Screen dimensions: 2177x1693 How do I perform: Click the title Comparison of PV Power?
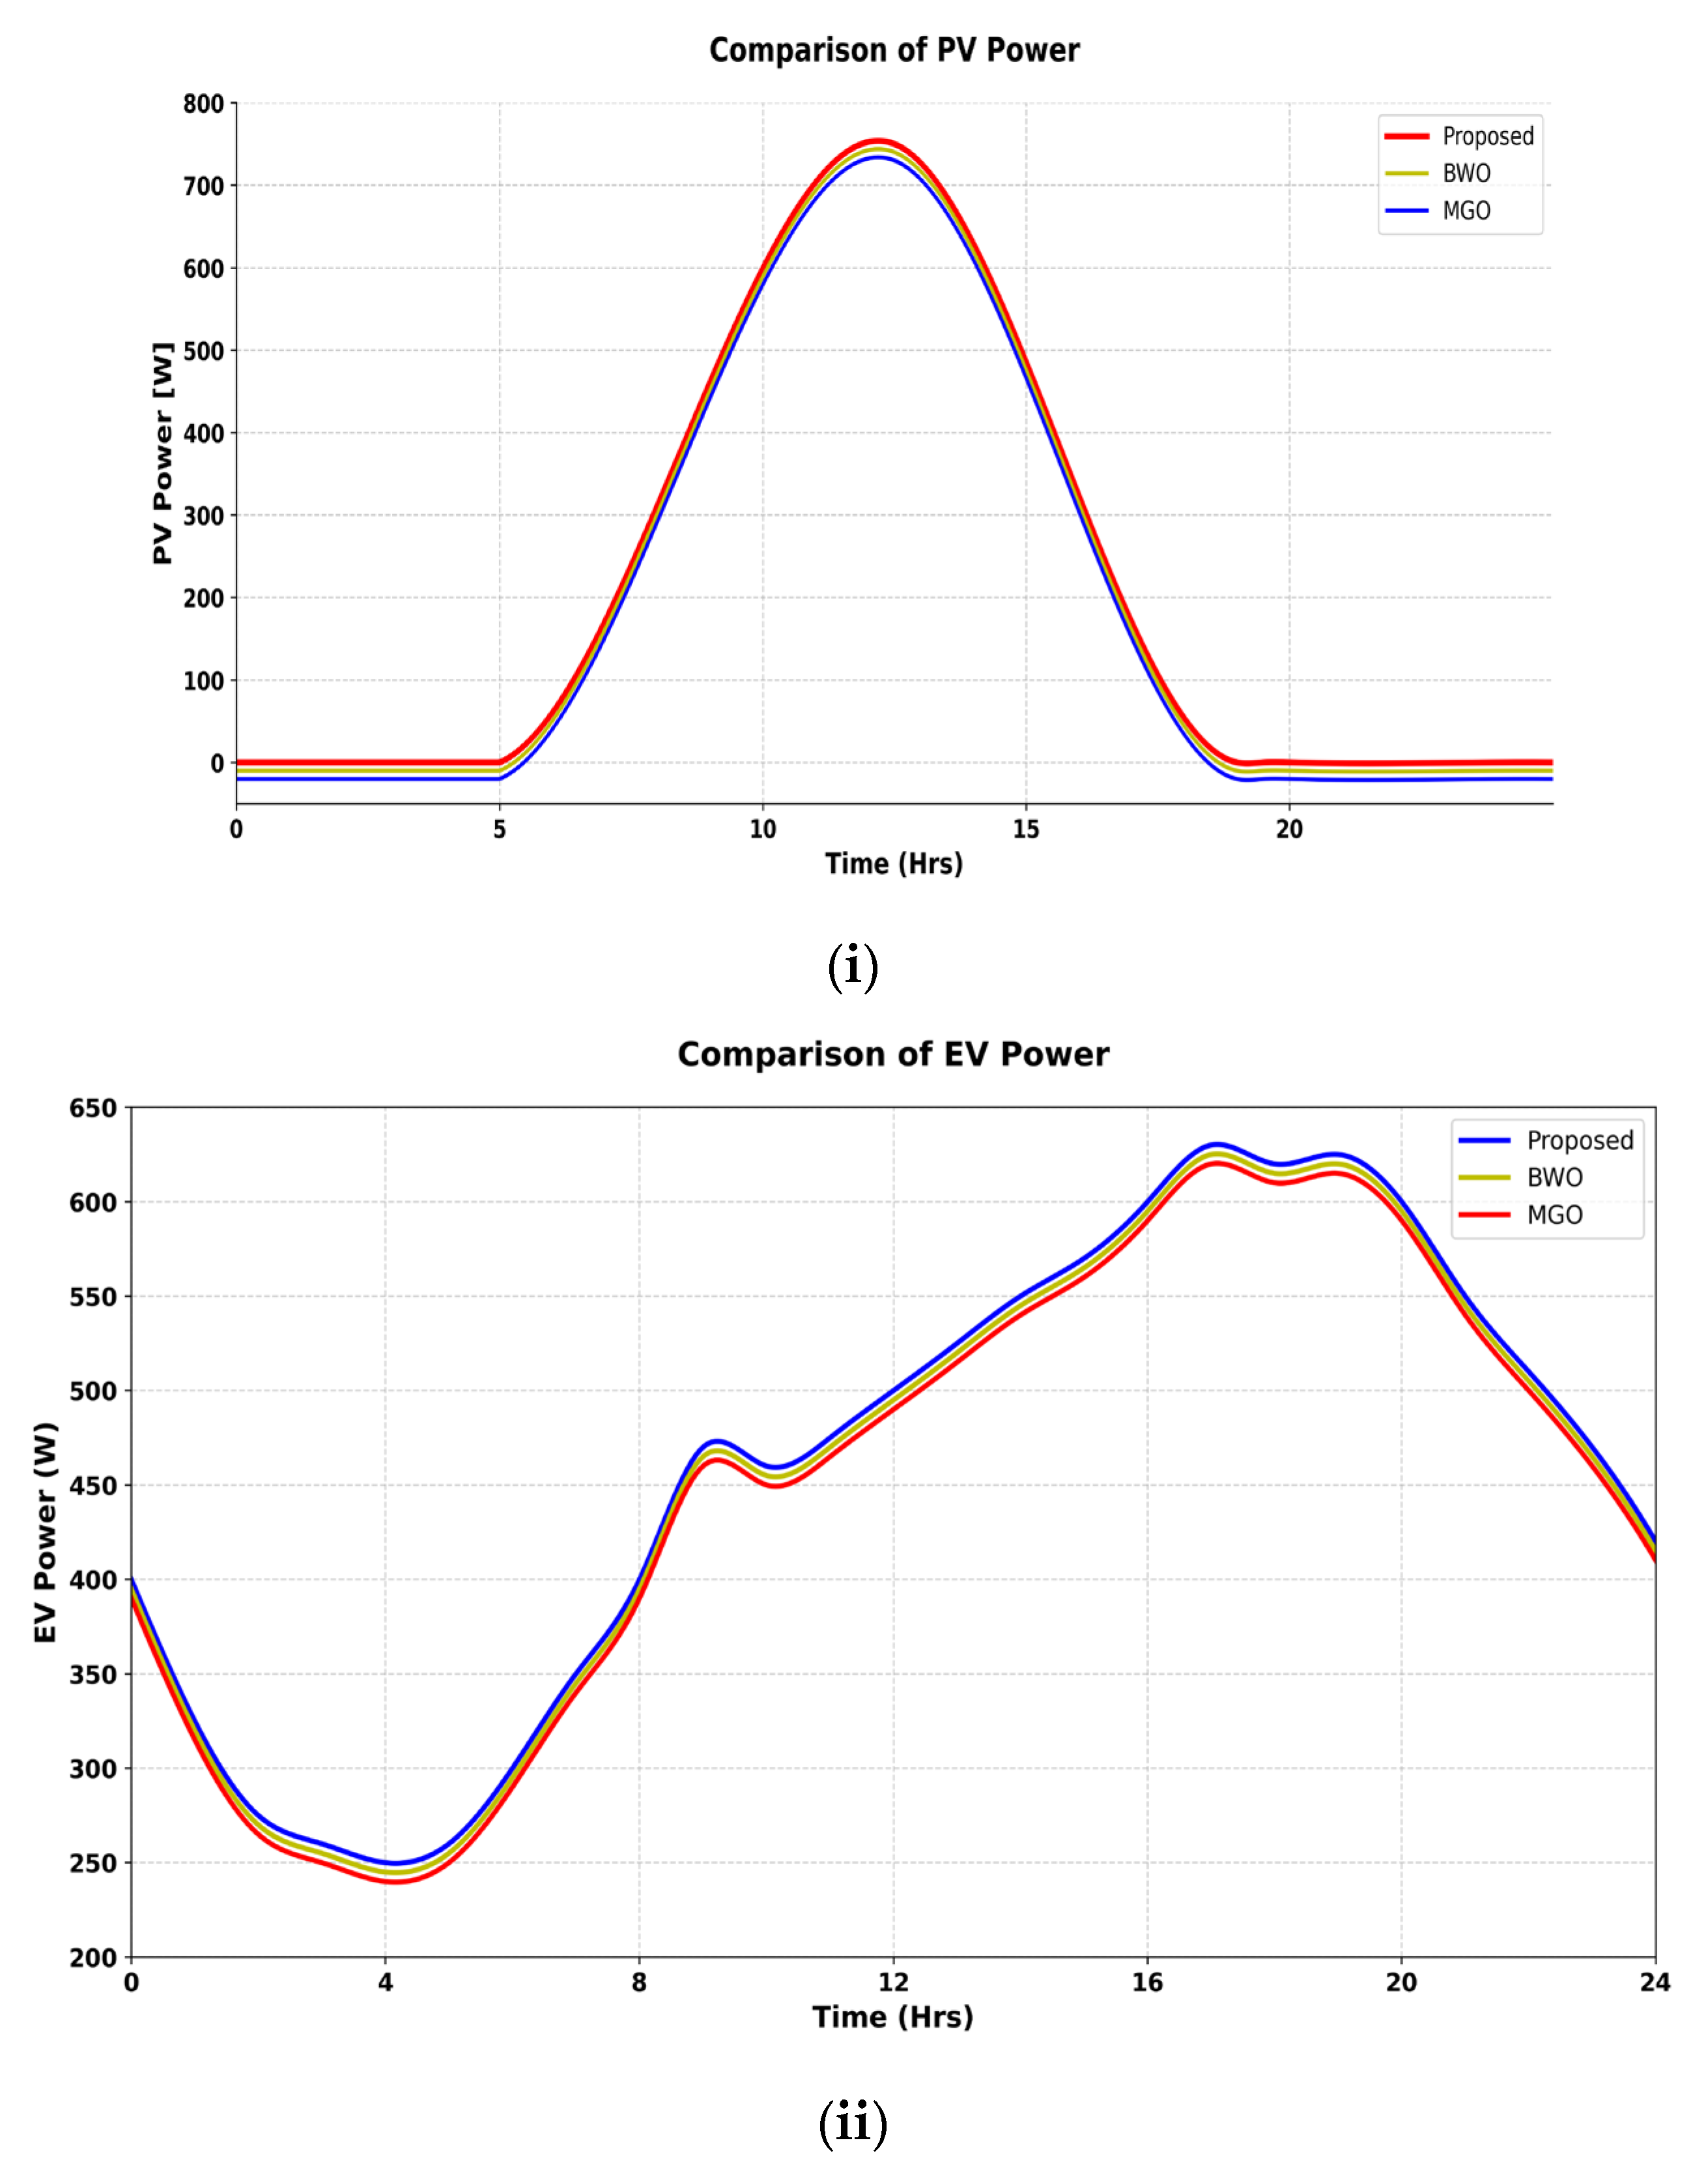pos(893,50)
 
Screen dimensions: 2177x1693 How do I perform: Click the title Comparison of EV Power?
pos(893,1054)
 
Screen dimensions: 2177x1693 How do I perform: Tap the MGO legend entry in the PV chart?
pos(1466,211)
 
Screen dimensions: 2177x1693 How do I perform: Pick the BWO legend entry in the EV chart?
pos(1554,1177)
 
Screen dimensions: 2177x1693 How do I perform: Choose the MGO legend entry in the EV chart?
pos(1554,1215)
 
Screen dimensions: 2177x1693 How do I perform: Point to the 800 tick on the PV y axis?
pos(203,104)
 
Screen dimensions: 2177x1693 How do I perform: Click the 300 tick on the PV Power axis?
pos(203,516)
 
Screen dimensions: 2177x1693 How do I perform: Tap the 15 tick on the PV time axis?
pos(1025,829)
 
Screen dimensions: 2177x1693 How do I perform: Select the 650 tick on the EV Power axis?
pos(92,1108)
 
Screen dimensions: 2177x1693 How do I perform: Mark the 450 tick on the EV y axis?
pos(92,1485)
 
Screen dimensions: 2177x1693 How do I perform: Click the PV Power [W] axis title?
pos(162,454)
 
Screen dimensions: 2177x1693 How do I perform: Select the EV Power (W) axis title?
pos(45,1532)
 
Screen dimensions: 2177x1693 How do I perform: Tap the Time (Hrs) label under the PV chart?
pos(893,864)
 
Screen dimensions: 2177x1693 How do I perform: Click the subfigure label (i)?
pos(853,967)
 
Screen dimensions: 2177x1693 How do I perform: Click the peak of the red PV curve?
pos(877,141)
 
